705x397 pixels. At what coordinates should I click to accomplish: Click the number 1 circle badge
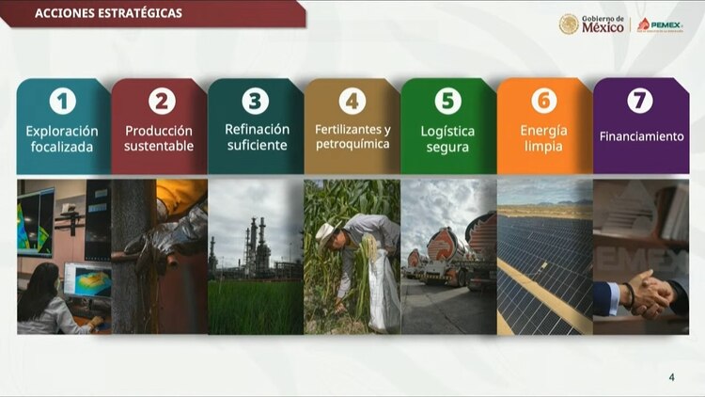pyautogui.click(x=64, y=100)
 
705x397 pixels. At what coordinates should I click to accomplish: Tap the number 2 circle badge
pyautogui.click(x=160, y=101)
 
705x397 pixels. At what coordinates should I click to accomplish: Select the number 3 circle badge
pyautogui.click(x=256, y=100)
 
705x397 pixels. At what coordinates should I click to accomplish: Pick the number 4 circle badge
pyautogui.click(x=352, y=101)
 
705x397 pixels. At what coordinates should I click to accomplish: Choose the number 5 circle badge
pyautogui.click(x=448, y=100)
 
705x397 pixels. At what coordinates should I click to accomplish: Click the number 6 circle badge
pyautogui.click(x=544, y=100)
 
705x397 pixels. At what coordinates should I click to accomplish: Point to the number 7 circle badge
pyautogui.click(x=639, y=100)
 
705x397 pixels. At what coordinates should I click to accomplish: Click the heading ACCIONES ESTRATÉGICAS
pyautogui.click(x=108, y=14)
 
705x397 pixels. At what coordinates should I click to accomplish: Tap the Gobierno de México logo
pyautogui.click(x=591, y=24)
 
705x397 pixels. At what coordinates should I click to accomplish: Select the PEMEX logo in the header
pyautogui.click(x=660, y=24)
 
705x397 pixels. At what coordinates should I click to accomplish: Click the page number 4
pyautogui.click(x=671, y=377)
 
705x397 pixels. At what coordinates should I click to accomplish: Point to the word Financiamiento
pyautogui.click(x=641, y=136)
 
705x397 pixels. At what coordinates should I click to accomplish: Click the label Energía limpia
pyautogui.click(x=543, y=137)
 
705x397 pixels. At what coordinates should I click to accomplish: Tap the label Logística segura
pyautogui.click(x=448, y=139)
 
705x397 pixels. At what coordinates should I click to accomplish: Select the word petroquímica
pyautogui.click(x=352, y=145)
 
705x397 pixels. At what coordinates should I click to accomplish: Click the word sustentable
pyautogui.click(x=160, y=146)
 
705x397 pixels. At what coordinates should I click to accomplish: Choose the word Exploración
pyautogui.click(x=63, y=131)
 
